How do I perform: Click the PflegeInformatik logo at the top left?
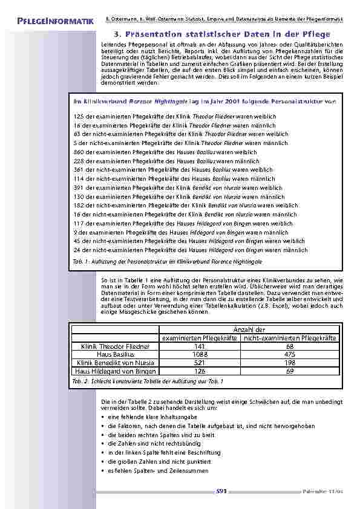point(51,22)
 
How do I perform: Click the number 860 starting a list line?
point(79,152)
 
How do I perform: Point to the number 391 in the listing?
point(79,187)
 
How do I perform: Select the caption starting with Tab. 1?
point(159,261)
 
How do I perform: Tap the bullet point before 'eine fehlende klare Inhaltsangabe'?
point(103,417)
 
